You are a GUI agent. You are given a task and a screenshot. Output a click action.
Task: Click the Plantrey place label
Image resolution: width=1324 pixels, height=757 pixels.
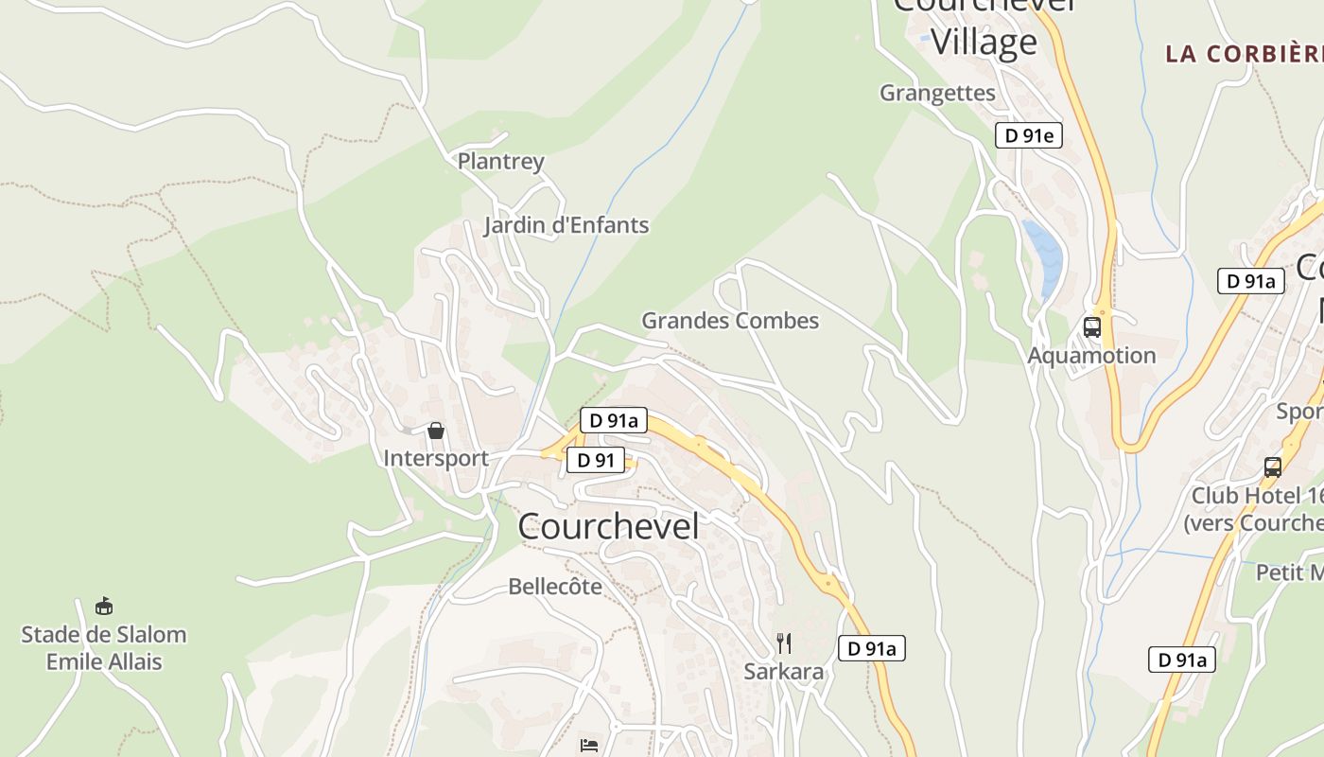click(x=500, y=161)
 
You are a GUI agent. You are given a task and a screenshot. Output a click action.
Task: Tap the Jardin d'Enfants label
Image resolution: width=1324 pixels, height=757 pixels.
click(x=566, y=225)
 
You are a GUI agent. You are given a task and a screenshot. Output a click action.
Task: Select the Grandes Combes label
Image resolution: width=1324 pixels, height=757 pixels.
click(x=730, y=321)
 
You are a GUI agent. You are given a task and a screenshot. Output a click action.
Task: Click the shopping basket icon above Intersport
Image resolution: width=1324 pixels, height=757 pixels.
click(x=436, y=431)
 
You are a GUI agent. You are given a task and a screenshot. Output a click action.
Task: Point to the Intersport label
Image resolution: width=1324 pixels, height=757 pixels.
click(x=436, y=458)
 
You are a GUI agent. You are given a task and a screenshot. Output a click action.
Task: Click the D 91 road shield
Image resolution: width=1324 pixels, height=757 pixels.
click(x=596, y=461)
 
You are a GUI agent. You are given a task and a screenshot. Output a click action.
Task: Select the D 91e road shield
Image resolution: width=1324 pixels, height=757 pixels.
click(x=1028, y=135)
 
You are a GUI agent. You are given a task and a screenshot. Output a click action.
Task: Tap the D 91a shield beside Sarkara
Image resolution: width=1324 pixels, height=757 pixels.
click(x=871, y=648)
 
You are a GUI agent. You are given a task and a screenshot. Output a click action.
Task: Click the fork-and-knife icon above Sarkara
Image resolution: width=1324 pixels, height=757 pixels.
click(x=783, y=643)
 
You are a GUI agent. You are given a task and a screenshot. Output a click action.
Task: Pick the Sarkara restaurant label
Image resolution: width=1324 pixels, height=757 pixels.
click(x=783, y=672)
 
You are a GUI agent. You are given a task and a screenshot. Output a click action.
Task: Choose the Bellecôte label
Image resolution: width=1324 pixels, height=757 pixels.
click(x=555, y=587)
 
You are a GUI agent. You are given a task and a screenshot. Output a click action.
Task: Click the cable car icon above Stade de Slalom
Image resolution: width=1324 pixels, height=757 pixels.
click(x=104, y=606)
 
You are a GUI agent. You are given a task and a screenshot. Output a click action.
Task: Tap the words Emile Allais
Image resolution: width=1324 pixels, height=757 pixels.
click(x=104, y=661)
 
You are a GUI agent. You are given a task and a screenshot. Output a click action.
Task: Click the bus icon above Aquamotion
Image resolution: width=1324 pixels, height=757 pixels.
click(x=1092, y=327)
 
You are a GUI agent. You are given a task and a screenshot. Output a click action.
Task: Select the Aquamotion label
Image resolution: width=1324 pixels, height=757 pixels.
click(x=1091, y=356)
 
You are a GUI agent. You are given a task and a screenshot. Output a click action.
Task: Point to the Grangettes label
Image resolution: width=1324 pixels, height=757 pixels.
click(x=937, y=93)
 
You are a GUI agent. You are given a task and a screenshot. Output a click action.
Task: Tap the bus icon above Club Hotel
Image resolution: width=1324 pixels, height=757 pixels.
click(x=1273, y=467)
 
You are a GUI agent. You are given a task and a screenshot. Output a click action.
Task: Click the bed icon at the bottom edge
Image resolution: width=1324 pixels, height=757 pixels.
click(x=589, y=746)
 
